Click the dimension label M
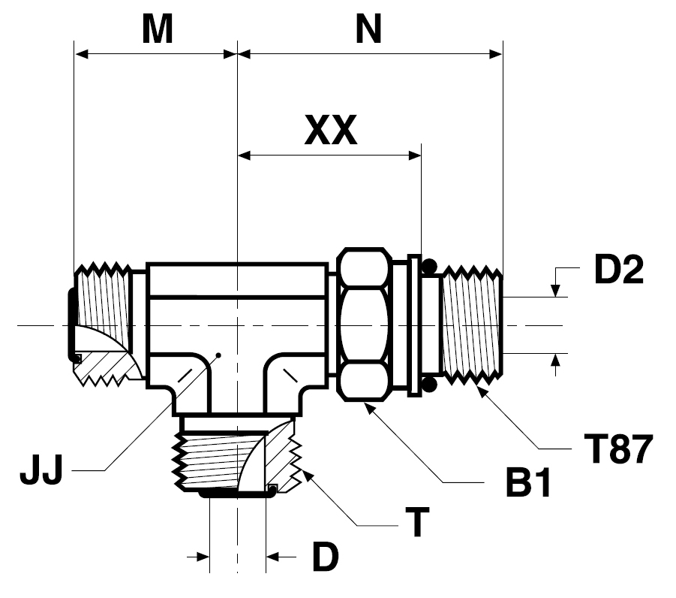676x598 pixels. tap(158, 29)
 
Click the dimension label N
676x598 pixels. tap(368, 29)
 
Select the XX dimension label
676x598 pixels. tap(330, 132)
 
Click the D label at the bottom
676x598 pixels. tap(325, 557)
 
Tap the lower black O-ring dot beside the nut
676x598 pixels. tap(429, 385)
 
